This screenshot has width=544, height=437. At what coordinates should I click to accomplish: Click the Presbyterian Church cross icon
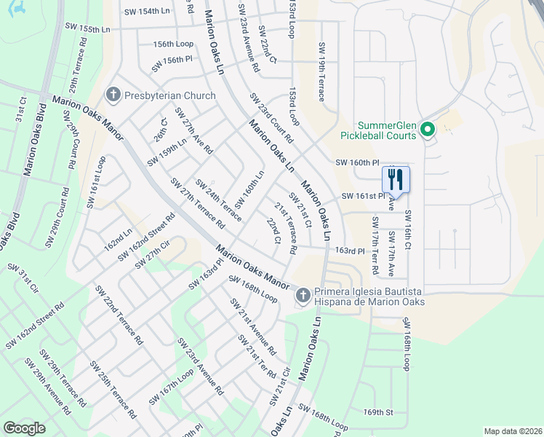(113, 95)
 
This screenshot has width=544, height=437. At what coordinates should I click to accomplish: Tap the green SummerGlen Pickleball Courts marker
(428, 130)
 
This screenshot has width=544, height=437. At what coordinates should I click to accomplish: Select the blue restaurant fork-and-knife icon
(396, 179)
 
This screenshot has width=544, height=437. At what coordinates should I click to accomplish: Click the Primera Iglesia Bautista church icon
(303, 296)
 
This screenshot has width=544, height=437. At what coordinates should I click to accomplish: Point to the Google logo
(24, 428)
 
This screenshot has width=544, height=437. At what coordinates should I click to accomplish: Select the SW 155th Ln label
(87, 29)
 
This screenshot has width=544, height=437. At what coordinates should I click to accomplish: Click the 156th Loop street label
(173, 44)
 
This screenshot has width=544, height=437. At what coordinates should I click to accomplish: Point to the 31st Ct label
(23, 113)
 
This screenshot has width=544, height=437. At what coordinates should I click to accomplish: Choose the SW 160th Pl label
(357, 162)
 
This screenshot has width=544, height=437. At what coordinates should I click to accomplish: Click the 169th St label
(378, 412)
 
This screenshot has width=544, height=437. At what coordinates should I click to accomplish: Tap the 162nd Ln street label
(118, 240)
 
